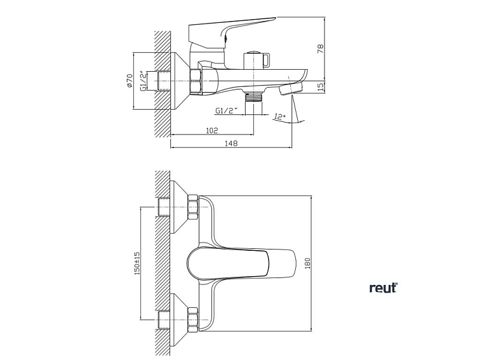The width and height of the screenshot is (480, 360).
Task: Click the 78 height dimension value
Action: pos(320,48)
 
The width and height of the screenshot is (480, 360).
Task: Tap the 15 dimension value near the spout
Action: pos(320,85)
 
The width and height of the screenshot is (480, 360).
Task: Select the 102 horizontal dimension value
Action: pos(212,130)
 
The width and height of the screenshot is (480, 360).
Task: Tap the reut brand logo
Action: pos(383,288)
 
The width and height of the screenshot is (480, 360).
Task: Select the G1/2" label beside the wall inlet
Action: pos(144,81)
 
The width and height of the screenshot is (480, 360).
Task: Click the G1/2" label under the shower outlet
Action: pos(227,110)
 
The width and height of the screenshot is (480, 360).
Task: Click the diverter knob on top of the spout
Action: pos(257,60)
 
